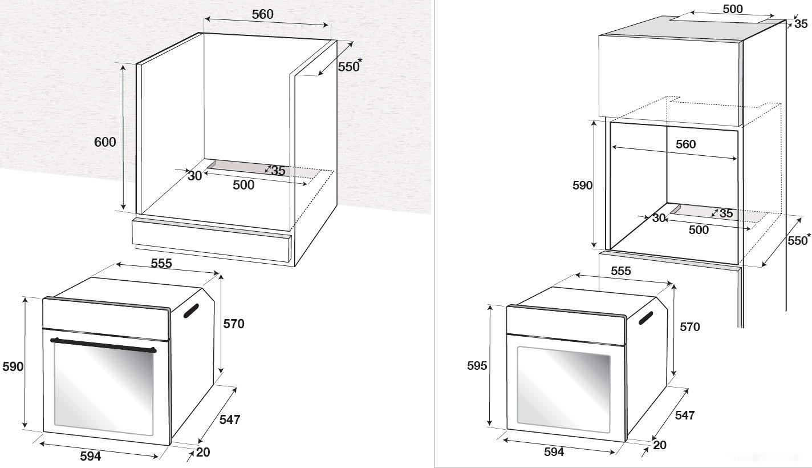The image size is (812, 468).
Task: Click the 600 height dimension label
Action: (105, 142)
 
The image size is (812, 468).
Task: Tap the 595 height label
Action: (477, 365)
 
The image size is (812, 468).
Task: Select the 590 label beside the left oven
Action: (13, 366)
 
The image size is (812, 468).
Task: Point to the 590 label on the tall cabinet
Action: (582, 185)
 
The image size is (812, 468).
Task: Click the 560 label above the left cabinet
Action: (262, 15)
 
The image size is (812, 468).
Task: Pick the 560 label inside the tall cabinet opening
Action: (685, 144)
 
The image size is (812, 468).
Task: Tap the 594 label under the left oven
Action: (90, 456)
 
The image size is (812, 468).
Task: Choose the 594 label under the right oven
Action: (554, 452)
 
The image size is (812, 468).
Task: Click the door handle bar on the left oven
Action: (103, 345)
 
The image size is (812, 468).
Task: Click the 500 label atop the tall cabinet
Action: (732, 9)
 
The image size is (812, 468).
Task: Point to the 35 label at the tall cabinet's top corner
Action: (801, 24)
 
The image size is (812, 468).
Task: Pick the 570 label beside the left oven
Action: (234, 324)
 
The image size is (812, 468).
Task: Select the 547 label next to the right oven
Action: (684, 415)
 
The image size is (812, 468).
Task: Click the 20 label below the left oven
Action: (203, 453)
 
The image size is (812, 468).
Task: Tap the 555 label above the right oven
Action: (621, 272)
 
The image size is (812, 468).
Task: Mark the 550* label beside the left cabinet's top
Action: (350, 66)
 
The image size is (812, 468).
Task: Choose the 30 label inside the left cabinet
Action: (195, 176)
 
